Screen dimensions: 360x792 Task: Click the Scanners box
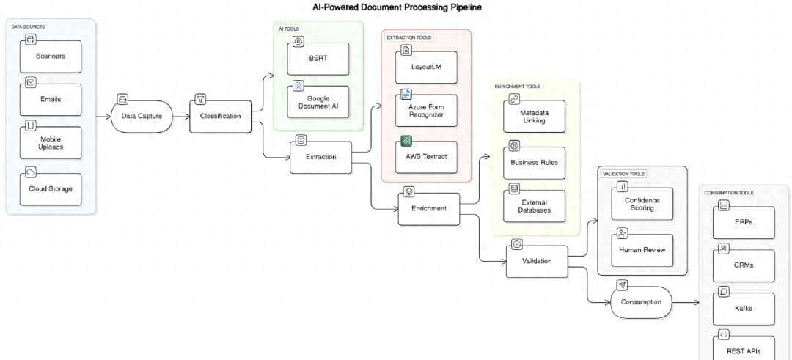pos(50,56)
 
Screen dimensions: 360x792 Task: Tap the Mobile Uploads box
pos(50,142)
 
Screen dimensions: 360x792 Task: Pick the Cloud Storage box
pos(50,188)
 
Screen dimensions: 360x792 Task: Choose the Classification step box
pos(220,116)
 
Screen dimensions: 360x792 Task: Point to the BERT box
pos(318,59)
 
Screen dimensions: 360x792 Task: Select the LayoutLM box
pos(426,67)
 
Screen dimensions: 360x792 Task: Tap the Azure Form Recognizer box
pos(426,111)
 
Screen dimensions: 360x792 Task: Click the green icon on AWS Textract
pos(406,141)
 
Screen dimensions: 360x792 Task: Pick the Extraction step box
pos(320,157)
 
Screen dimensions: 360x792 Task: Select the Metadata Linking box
pos(534,116)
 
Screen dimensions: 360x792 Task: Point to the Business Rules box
pos(534,162)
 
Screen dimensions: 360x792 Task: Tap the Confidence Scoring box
pos(642,204)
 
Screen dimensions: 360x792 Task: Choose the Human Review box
pos(642,250)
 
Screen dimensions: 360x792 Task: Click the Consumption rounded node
pos(641,301)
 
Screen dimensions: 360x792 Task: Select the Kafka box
pos(743,308)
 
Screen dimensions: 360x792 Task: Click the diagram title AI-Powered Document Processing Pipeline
pos(397,7)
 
